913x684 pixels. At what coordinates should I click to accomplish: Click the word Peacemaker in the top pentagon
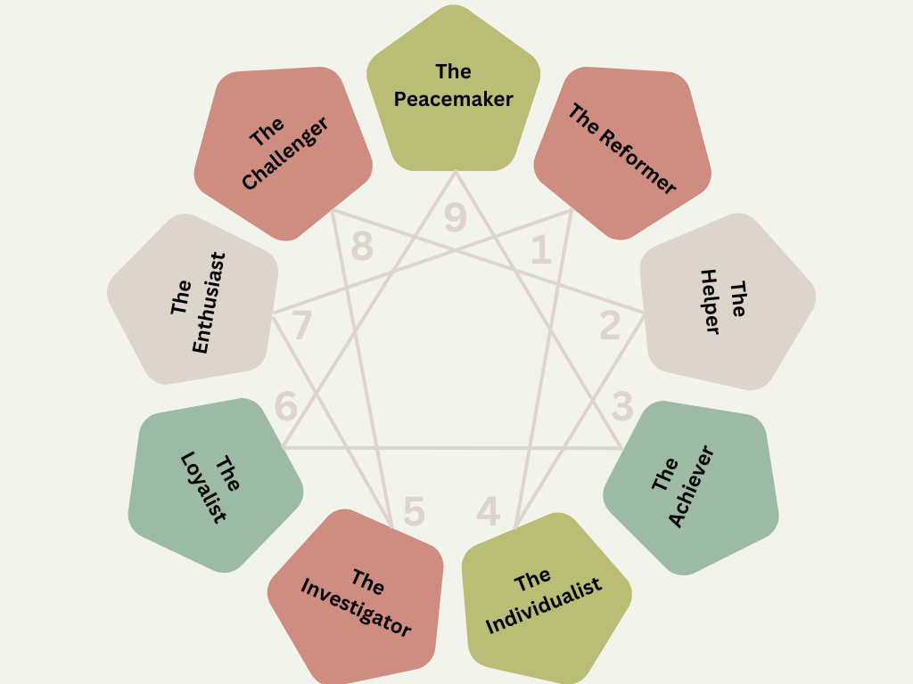pos(454,99)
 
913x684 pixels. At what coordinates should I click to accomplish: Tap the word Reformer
pos(635,161)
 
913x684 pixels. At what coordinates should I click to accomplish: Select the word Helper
pos(710,302)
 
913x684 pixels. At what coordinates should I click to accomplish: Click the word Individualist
pos(545,606)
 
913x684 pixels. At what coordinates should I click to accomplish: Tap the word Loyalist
pos(203,487)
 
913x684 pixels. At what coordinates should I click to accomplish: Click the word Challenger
pos(285,153)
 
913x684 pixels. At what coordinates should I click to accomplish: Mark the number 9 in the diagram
pos(456,218)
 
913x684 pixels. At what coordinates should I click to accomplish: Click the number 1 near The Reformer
pos(541,252)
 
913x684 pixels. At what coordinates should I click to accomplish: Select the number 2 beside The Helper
pos(610,327)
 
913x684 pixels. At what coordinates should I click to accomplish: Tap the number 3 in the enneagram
pos(622,408)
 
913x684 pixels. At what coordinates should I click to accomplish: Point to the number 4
pos(489,511)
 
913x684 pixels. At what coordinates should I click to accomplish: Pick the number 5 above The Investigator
pos(414,511)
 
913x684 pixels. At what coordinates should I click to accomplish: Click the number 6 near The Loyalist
pos(286,406)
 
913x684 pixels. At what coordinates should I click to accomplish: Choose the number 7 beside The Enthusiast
pos(302,326)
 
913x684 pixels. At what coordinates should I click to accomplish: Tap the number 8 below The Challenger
pos(362,247)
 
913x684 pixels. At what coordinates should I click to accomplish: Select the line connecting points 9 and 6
pos(374,298)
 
